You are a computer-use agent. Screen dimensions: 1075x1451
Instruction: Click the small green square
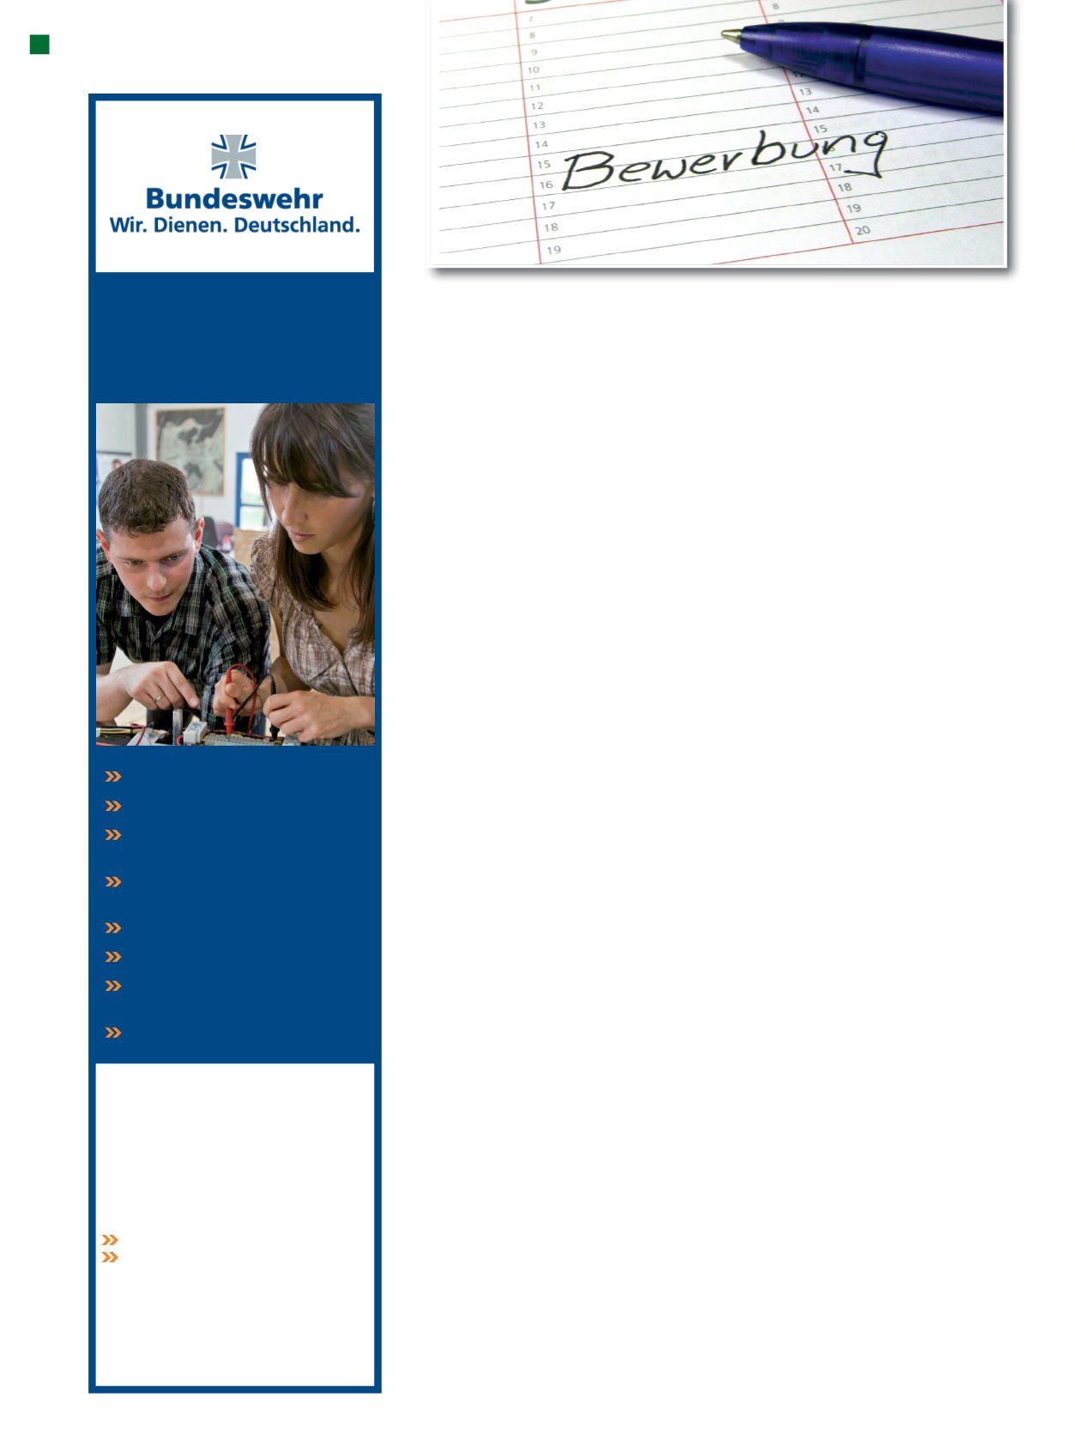(39, 45)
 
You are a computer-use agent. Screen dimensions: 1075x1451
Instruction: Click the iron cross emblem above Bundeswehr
(233, 156)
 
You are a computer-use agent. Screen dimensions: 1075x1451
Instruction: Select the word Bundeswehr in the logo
(234, 198)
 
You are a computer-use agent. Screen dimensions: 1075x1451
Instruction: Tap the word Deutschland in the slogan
(296, 225)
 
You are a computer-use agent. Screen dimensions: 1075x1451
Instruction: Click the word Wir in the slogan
(127, 225)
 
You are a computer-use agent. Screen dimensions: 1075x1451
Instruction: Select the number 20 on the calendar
(862, 230)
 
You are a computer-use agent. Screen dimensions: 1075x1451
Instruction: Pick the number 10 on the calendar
(534, 70)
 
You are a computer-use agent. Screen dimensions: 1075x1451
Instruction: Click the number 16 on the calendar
(546, 184)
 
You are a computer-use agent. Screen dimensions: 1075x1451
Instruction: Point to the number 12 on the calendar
(536, 106)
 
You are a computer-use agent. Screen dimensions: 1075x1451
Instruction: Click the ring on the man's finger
(158, 698)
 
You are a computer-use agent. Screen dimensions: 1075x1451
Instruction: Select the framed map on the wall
(190, 450)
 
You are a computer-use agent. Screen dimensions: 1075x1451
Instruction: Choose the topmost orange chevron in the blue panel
(113, 777)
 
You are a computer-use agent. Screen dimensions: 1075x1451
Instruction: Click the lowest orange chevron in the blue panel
(113, 1032)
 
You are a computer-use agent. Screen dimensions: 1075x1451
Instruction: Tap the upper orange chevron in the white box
(110, 1240)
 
